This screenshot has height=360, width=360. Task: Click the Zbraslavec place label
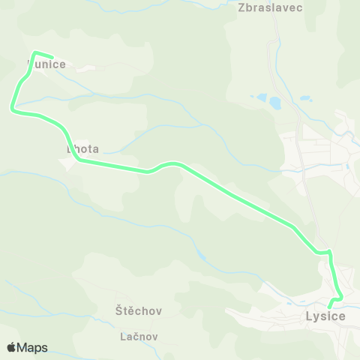pyautogui.click(x=269, y=7)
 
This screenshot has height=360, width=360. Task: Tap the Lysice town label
pyautogui.click(x=325, y=316)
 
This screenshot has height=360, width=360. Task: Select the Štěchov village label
pyautogui.click(x=139, y=310)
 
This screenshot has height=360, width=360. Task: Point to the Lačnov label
pyautogui.click(x=139, y=337)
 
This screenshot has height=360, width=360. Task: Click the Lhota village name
pyautogui.click(x=82, y=149)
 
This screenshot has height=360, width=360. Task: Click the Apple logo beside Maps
pyautogui.click(x=11, y=347)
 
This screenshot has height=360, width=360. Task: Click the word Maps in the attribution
pyautogui.click(x=32, y=347)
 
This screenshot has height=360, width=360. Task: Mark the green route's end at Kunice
pyautogui.click(x=52, y=57)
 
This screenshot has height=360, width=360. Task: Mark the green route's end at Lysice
pyautogui.click(x=330, y=306)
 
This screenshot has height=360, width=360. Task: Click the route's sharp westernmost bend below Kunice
pyautogui.click(x=12, y=109)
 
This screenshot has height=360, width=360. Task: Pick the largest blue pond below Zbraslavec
pyautogui.click(x=274, y=101)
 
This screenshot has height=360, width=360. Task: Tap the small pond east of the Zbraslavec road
pyautogui.click(x=305, y=98)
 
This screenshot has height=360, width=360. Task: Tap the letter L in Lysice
pyautogui.click(x=309, y=316)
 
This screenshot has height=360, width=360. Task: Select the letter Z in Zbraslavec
pyautogui.click(x=241, y=7)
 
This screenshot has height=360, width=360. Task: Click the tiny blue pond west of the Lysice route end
pyautogui.click(x=201, y=256)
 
